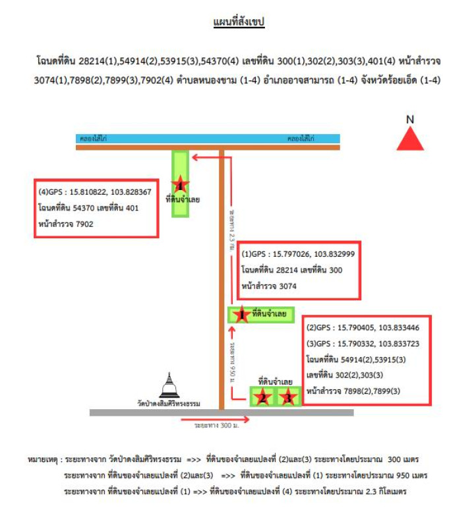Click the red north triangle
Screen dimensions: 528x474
click(410, 140)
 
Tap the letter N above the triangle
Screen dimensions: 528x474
click(410, 119)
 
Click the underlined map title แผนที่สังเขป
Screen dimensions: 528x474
click(238, 22)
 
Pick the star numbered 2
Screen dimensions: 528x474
click(263, 397)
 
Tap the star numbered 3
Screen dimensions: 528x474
click(287, 397)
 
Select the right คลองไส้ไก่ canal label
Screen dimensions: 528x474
click(300, 139)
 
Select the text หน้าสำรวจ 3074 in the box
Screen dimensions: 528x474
click(270, 286)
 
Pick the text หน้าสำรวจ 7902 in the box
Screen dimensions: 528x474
click(67, 224)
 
